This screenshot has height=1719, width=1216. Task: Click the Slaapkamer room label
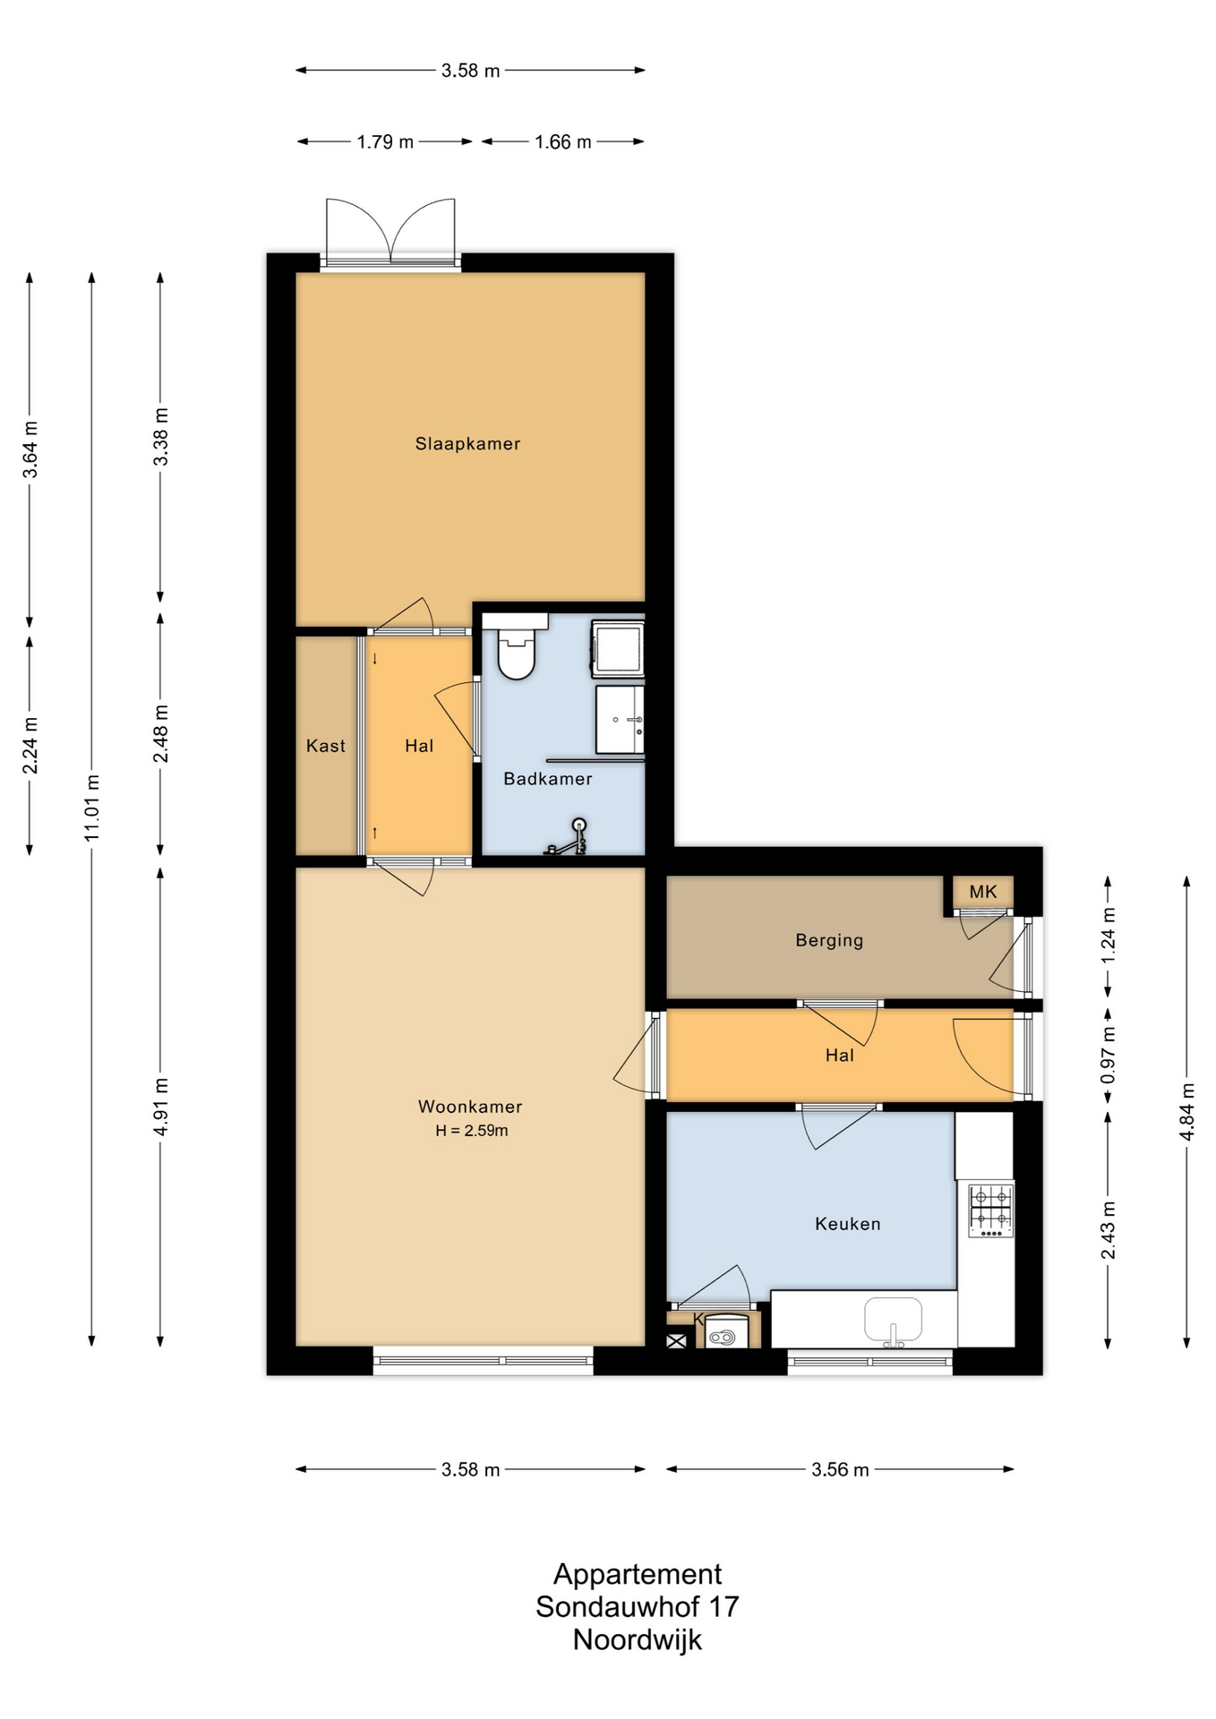(467, 443)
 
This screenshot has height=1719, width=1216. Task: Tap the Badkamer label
(548, 779)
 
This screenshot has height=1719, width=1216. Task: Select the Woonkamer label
(470, 1107)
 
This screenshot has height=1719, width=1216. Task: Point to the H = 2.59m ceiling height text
(472, 1131)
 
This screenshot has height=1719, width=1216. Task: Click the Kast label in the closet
(326, 746)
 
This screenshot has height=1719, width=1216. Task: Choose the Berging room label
(830, 941)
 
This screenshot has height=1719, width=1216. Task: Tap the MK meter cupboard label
(983, 892)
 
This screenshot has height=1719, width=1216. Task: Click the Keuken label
(848, 1224)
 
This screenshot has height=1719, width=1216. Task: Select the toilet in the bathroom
(516, 646)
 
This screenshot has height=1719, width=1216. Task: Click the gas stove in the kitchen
(991, 1210)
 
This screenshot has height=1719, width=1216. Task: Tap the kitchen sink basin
(893, 1320)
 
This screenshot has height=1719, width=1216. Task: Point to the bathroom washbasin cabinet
(620, 719)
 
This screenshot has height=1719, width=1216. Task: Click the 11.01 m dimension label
(92, 808)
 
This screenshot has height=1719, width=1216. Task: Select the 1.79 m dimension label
(385, 141)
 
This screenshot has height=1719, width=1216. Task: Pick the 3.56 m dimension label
(840, 1469)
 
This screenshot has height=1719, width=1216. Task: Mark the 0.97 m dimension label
(1109, 1054)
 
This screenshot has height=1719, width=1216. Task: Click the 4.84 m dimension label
(1187, 1111)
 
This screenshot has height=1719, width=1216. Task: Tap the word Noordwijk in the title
(638, 1639)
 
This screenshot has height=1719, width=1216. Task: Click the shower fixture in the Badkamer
(566, 837)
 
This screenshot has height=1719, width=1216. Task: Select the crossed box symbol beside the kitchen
(676, 1340)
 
